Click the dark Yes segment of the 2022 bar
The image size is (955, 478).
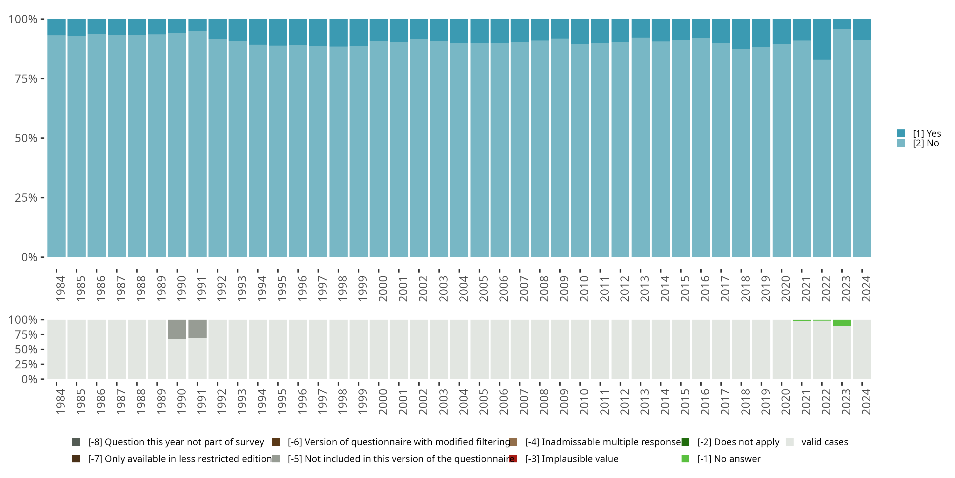click(x=822, y=39)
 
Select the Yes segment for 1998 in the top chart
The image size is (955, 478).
click(x=338, y=33)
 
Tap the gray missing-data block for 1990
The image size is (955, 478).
click(x=177, y=329)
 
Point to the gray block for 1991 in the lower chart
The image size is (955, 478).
click(x=197, y=329)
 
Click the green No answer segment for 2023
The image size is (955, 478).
click(x=842, y=323)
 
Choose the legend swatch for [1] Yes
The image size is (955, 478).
click(x=901, y=133)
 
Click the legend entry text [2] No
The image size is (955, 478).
click(x=926, y=143)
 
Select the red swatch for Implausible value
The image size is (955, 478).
click(x=513, y=459)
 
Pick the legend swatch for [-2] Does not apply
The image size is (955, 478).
click(x=685, y=442)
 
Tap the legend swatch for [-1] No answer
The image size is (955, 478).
click(x=685, y=459)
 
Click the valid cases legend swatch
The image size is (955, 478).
click(x=790, y=442)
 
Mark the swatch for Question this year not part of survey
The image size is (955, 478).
click(x=76, y=442)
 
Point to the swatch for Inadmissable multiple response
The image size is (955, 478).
click(x=513, y=442)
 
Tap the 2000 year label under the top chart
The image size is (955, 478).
click(x=383, y=288)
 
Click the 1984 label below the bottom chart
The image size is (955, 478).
click(x=60, y=402)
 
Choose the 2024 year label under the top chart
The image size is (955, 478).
click(x=866, y=288)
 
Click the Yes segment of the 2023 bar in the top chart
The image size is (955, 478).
click(x=842, y=24)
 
